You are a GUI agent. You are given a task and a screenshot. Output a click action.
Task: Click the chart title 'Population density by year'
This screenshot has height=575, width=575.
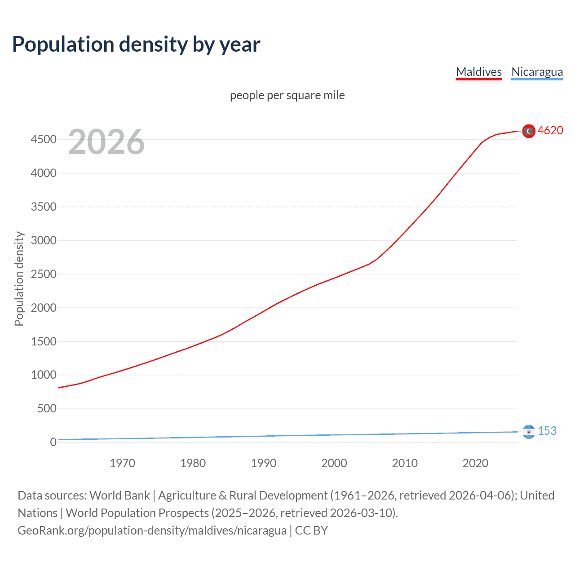(x=136, y=44)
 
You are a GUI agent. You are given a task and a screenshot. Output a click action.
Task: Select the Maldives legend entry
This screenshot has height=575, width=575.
(x=478, y=72)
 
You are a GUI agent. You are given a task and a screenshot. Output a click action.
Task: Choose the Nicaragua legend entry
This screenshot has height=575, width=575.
(x=537, y=72)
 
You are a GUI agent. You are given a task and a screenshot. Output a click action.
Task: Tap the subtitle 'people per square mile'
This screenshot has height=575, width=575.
(x=287, y=95)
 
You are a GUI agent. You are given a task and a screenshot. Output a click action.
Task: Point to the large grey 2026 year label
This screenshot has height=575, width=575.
(x=106, y=142)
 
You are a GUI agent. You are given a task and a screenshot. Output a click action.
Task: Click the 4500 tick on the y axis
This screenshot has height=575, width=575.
(x=44, y=139)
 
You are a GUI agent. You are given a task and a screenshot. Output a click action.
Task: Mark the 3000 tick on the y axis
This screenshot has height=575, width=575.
(x=44, y=240)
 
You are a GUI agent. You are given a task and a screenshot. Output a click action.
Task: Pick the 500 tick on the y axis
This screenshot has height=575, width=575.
(x=47, y=408)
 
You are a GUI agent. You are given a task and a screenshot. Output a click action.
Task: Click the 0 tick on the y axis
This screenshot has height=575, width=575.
(x=53, y=442)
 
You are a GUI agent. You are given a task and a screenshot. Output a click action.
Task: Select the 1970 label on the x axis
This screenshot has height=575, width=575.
(x=122, y=463)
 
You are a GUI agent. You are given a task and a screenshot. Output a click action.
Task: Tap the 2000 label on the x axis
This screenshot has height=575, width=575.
(x=334, y=463)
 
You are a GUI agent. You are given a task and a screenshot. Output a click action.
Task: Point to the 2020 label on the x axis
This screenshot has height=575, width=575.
(x=475, y=463)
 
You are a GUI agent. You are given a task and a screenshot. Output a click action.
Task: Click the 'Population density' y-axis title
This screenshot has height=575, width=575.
(x=19, y=279)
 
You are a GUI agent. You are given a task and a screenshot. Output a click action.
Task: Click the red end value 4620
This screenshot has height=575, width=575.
(x=550, y=130)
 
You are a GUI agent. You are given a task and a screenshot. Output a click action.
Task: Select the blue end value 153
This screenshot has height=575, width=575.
(x=547, y=431)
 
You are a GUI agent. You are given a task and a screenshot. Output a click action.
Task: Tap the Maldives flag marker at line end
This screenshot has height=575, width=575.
(x=529, y=131)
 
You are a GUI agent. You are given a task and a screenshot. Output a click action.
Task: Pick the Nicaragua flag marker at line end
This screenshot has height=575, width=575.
(x=529, y=432)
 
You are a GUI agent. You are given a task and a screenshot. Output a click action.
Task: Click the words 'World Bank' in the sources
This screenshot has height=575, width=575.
(x=119, y=495)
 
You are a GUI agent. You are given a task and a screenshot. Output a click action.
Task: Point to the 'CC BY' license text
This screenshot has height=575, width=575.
(x=311, y=531)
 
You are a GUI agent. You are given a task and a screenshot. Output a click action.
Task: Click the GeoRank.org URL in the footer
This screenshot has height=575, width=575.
(x=152, y=531)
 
